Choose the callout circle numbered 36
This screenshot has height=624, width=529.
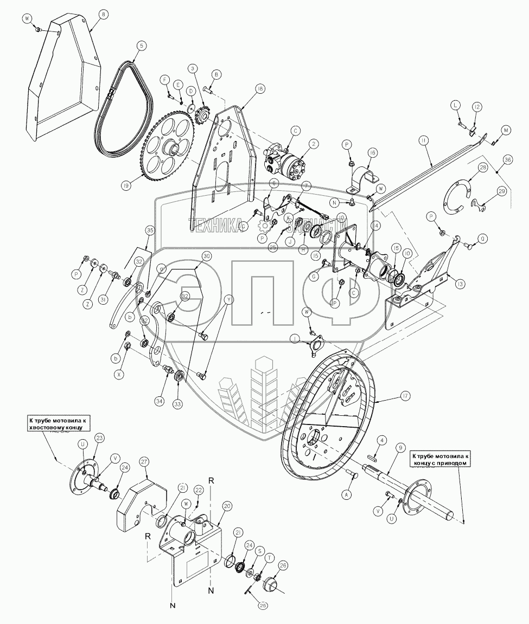(x=508, y=160)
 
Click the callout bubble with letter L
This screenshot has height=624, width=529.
(x=455, y=105)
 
